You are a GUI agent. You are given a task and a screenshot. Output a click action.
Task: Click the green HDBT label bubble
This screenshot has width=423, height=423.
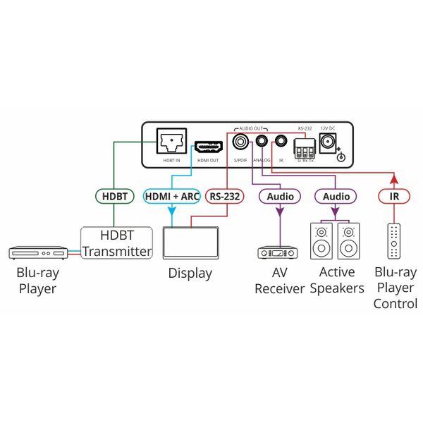(113, 197)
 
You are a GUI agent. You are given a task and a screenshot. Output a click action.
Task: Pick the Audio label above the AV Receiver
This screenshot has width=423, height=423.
(280, 197)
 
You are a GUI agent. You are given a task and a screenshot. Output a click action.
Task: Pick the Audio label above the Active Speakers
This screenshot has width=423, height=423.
(336, 197)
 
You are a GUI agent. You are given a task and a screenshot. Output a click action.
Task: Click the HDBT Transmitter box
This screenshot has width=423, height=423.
(116, 243)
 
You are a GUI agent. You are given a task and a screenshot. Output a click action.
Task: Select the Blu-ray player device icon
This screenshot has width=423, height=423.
(37, 251)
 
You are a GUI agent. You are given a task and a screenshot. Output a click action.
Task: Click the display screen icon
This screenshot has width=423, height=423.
(189, 244)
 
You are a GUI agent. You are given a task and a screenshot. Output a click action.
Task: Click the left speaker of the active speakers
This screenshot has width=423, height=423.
(321, 241)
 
